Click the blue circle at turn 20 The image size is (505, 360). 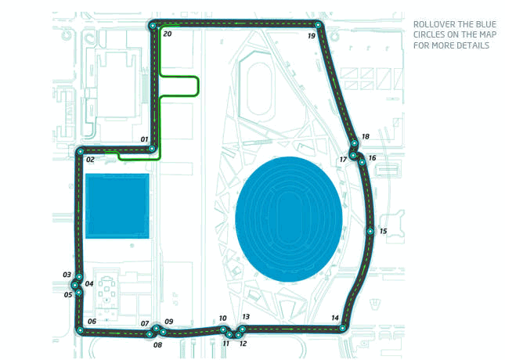click(153, 26)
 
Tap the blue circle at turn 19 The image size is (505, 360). click(319, 26)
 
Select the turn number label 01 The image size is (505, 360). click(144, 139)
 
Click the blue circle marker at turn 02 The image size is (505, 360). click(81, 151)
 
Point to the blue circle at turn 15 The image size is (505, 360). click(370, 231)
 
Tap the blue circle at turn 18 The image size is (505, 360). click(355, 143)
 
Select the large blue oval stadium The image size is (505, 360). click(288, 218)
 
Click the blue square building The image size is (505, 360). click(117, 206)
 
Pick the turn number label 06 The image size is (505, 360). click(92, 322)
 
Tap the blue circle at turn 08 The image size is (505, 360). click(150, 334)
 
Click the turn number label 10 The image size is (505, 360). click(222, 319)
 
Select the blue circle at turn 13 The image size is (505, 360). click(242, 329)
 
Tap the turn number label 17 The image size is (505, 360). click(342, 160)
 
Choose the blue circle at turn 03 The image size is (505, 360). click(79, 277)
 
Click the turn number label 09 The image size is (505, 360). click(168, 322)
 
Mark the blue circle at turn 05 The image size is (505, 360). click(79, 292)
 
